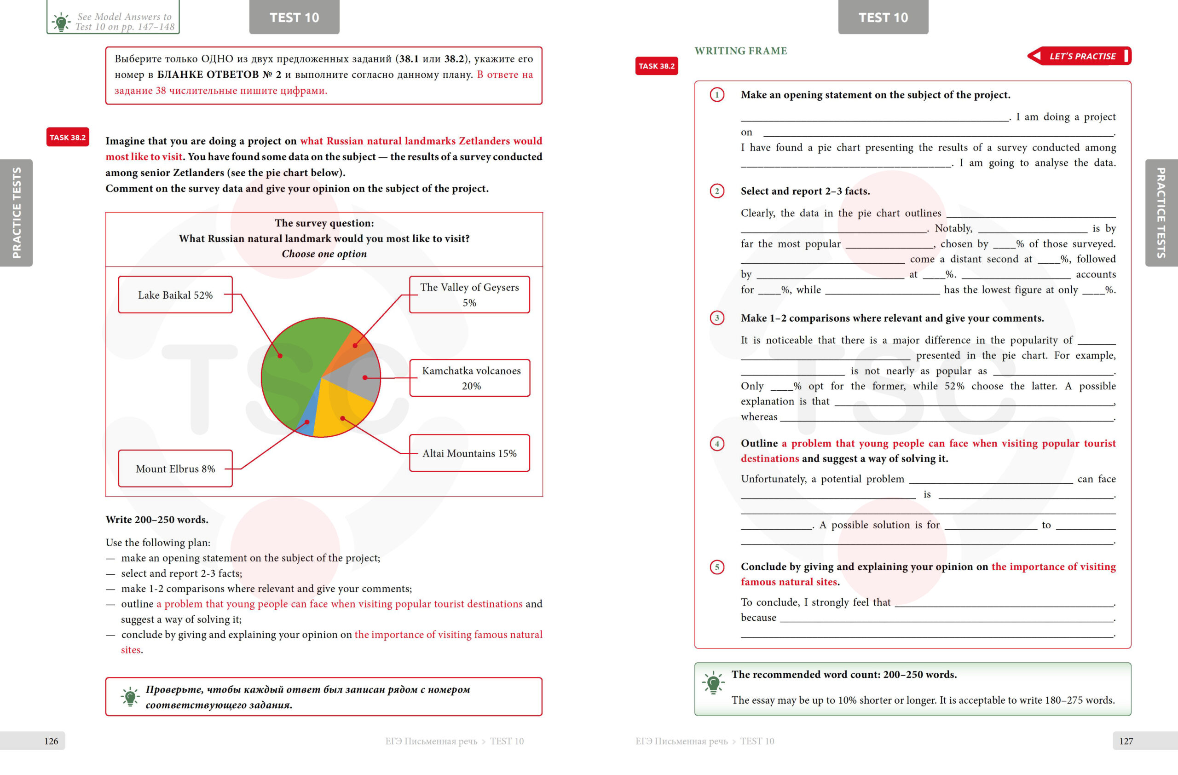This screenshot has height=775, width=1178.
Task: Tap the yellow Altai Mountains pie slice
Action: pyautogui.click(x=341, y=411)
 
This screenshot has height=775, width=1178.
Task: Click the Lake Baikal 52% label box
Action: pyautogui.click(x=175, y=295)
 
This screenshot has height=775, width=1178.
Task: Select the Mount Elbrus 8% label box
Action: pyautogui.click(x=175, y=468)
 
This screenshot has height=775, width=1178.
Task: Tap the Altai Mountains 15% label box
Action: pyautogui.click(x=469, y=453)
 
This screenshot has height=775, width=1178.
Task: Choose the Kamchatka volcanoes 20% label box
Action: pyautogui.click(x=470, y=378)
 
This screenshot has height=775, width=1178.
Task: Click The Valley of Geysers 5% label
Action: pyautogui.click(x=469, y=295)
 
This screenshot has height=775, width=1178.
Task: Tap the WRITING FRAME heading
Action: pyautogui.click(x=740, y=51)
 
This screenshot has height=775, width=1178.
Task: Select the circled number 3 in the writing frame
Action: pyautogui.click(x=717, y=318)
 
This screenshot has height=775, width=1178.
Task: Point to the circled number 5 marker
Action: pyautogui.click(x=717, y=567)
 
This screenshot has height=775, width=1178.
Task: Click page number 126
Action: pyautogui.click(x=51, y=741)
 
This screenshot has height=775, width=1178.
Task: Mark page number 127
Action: pyautogui.click(x=1126, y=741)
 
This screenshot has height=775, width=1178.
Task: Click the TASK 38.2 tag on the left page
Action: pyautogui.click(x=68, y=137)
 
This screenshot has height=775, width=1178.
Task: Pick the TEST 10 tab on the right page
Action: pyautogui.click(x=883, y=17)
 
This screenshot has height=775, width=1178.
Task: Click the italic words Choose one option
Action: pyautogui.click(x=324, y=254)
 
